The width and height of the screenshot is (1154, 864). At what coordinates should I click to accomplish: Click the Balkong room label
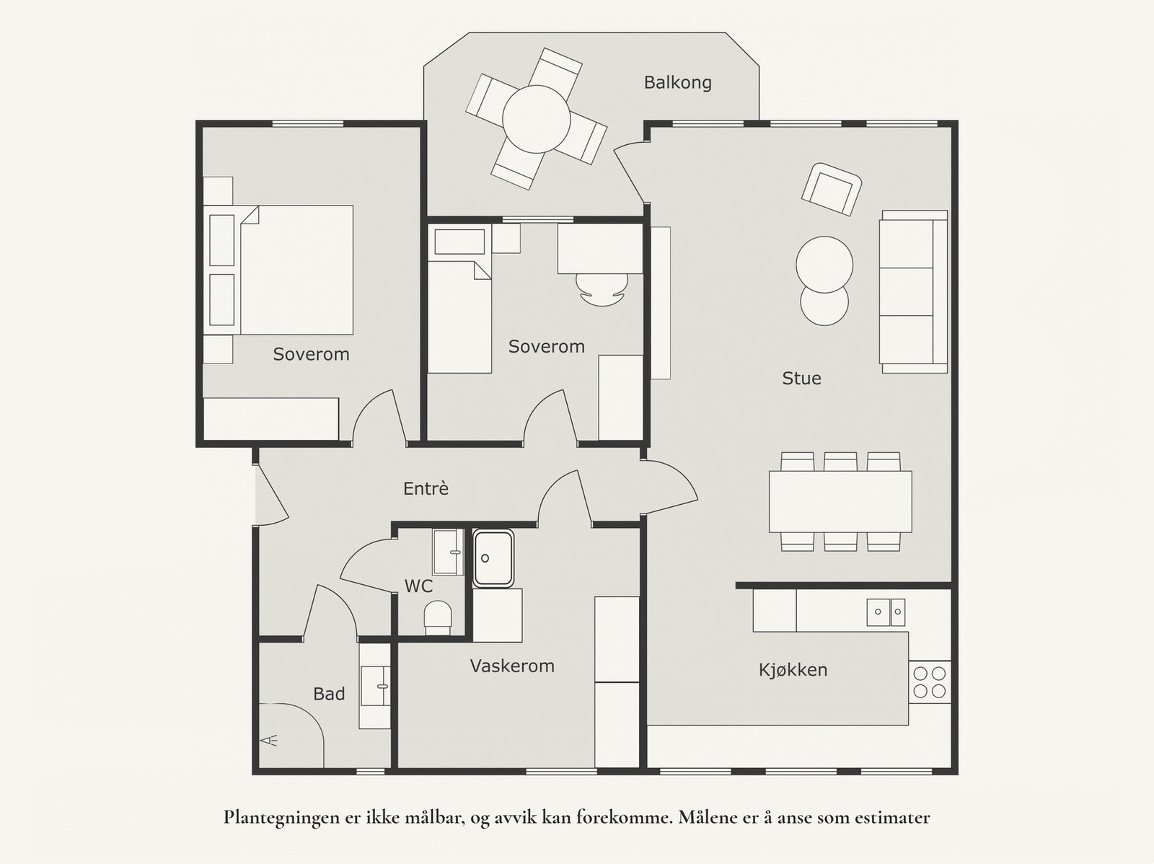coord(678,83)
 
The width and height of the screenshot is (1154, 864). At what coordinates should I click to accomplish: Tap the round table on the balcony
coord(537,119)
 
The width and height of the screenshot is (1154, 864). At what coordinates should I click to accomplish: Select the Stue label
coord(801,379)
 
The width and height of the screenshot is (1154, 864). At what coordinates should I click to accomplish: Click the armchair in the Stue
coord(831,189)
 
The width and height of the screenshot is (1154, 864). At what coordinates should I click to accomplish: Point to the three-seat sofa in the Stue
coord(914,291)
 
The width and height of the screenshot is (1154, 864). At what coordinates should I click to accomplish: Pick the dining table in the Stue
coord(840,502)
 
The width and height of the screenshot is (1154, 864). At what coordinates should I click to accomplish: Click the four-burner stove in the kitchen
coord(930,682)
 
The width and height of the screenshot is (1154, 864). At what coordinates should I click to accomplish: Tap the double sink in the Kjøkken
coord(886,612)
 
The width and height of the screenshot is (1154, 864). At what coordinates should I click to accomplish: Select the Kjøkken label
coord(793,670)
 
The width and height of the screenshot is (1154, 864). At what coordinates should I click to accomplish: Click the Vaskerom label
coord(512,666)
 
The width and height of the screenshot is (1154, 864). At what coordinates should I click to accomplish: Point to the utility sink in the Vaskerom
coord(493,558)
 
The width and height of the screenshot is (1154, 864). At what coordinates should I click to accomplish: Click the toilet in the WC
coord(438,617)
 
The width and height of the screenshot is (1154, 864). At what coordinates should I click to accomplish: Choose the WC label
coord(418,586)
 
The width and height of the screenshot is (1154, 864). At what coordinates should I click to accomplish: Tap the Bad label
coord(329,695)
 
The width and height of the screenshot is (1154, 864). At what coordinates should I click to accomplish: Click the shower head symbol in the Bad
coord(268,741)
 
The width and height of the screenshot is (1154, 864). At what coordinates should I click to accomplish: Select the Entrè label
coord(426,489)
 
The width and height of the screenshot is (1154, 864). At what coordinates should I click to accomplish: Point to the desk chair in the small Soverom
coord(602,290)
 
